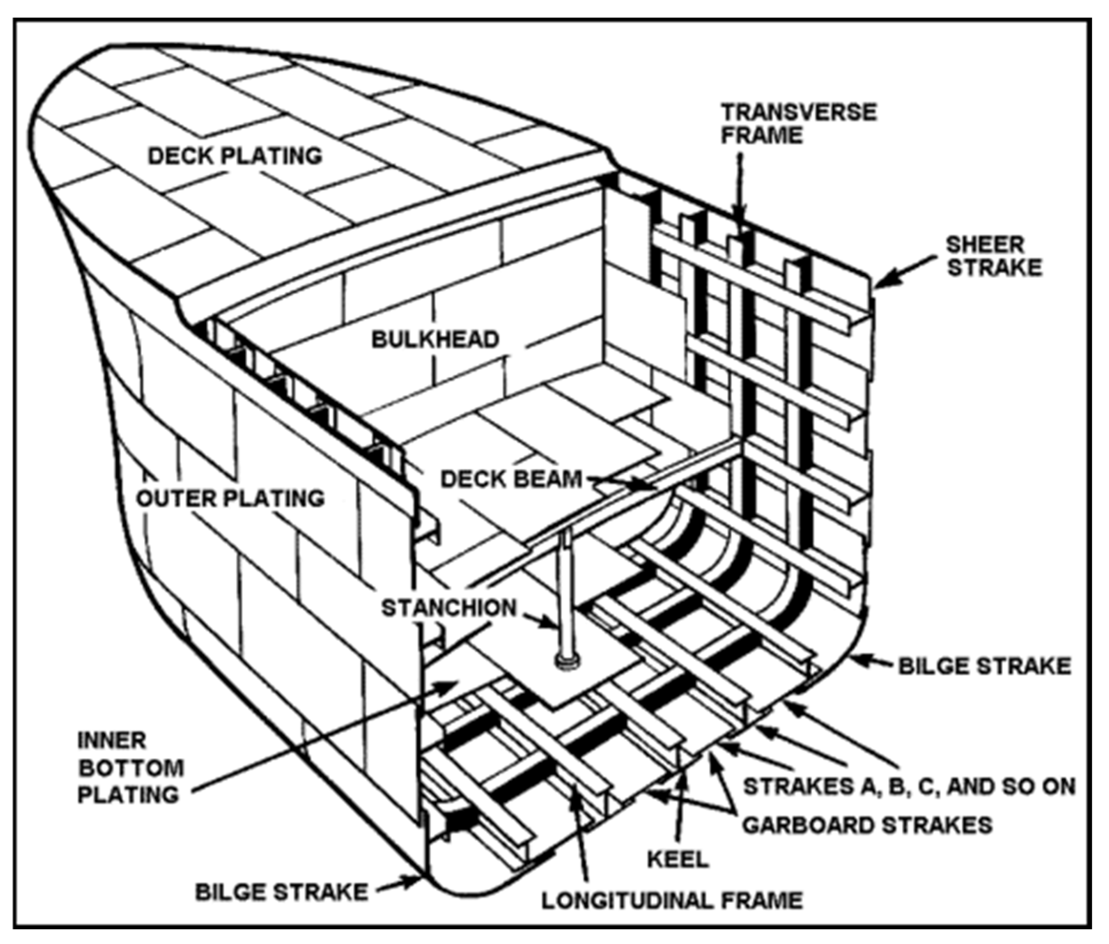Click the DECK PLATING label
(235, 156)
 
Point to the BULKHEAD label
(436, 339)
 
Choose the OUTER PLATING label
(231, 498)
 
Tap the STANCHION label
(448, 608)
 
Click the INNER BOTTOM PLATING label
(130, 768)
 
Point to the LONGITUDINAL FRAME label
(672, 900)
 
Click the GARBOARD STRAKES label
(867, 825)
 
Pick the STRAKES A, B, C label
(909, 787)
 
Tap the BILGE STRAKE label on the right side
(984, 666)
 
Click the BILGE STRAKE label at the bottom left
(281, 892)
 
